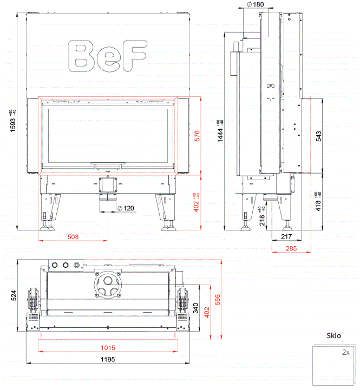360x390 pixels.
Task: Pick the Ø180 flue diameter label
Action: click(x=255, y=5)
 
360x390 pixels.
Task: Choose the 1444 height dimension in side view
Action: click(x=220, y=131)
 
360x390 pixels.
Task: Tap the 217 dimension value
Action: click(x=287, y=237)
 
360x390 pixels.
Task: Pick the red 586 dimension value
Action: click(x=217, y=299)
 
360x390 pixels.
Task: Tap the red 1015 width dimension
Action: click(x=108, y=348)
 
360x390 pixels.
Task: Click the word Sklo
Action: click(x=334, y=335)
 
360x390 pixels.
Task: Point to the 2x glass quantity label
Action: click(x=345, y=352)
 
